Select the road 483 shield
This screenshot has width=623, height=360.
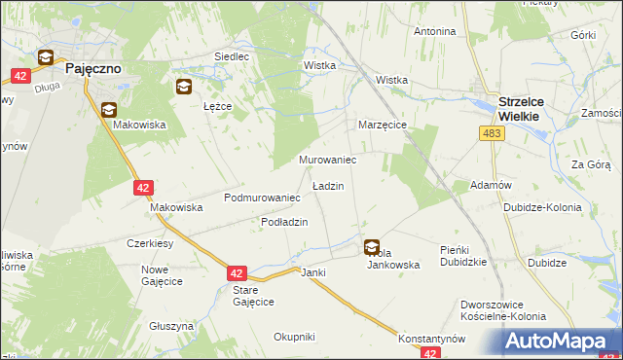(x=492, y=132)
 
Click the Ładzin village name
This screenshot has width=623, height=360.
(x=327, y=185)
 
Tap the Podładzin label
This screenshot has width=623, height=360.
(x=284, y=222)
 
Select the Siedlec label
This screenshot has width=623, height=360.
(x=232, y=57)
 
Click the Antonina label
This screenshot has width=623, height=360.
(x=434, y=31)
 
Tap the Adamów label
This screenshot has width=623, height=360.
(x=491, y=185)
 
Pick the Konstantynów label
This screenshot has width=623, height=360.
(x=431, y=338)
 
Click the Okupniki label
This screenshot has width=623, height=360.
(x=294, y=337)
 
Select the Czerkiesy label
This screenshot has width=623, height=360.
(x=150, y=243)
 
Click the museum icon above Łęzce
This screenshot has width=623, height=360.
(x=183, y=88)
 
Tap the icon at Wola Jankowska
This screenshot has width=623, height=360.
(x=372, y=247)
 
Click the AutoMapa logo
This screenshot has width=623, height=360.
(x=561, y=342)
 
